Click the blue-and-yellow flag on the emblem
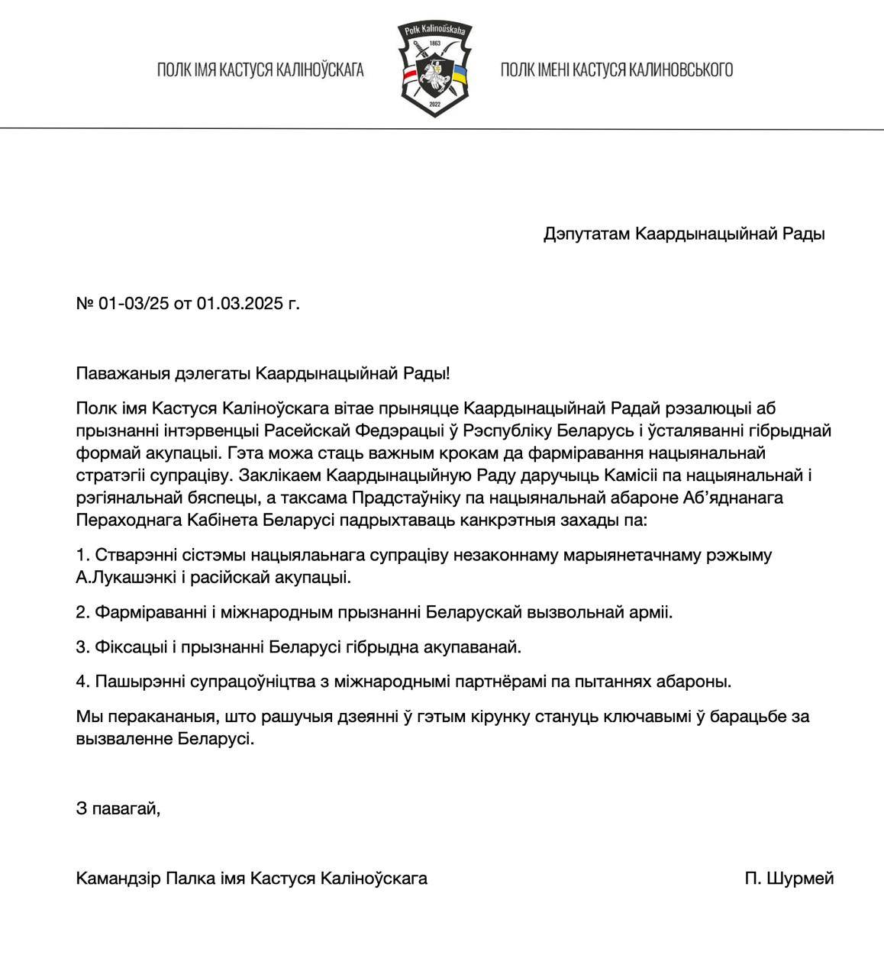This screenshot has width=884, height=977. [x=460, y=75]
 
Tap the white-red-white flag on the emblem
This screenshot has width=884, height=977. [x=411, y=75]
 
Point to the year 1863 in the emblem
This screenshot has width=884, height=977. [x=435, y=43]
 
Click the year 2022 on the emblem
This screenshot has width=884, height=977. [x=435, y=103]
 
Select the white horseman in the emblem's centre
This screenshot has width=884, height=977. [x=435, y=74]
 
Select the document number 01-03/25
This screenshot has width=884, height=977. [x=134, y=304]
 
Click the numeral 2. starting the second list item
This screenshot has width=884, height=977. [x=82, y=612]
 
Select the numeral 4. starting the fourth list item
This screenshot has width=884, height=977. [x=82, y=682]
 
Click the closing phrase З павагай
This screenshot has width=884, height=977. [x=118, y=808]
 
